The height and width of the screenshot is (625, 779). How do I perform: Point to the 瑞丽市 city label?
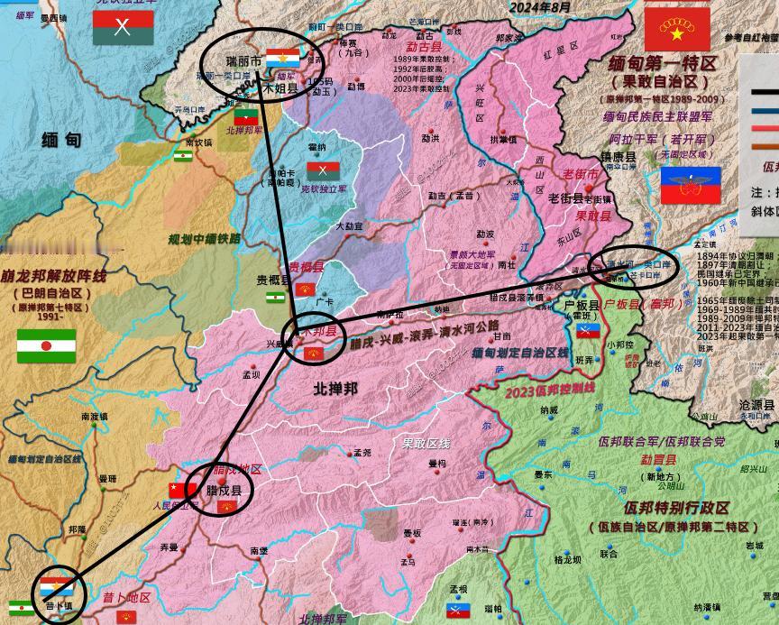(x=243, y=60)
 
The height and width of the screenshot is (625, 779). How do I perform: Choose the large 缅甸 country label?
(x=61, y=140)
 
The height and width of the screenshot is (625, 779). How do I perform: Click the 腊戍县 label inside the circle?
(x=224, y=491)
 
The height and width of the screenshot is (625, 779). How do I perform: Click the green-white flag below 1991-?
(x=46, y=345)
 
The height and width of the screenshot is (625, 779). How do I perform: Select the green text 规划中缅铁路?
(x=205, y=239)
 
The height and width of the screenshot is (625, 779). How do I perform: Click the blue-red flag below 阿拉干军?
(x=690, y=186)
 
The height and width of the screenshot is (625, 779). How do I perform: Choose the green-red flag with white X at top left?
(x=123, y=27)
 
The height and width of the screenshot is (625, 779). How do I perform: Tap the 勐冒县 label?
(x=657, y=459)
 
